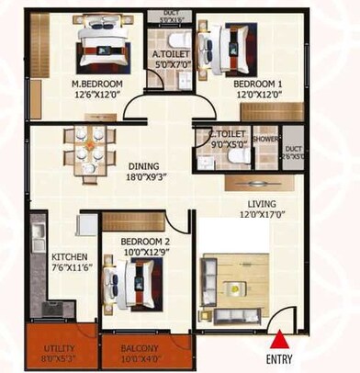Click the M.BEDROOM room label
[96, 82]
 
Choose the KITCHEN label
[70, 256]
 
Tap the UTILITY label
[61, 348]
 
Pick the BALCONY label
[138, 348]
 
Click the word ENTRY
[278, 357]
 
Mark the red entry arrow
[278, 338]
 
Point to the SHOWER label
[265, 141]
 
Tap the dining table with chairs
[89, 149]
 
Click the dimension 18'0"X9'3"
[140, 180]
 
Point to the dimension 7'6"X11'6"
[70, 267]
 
